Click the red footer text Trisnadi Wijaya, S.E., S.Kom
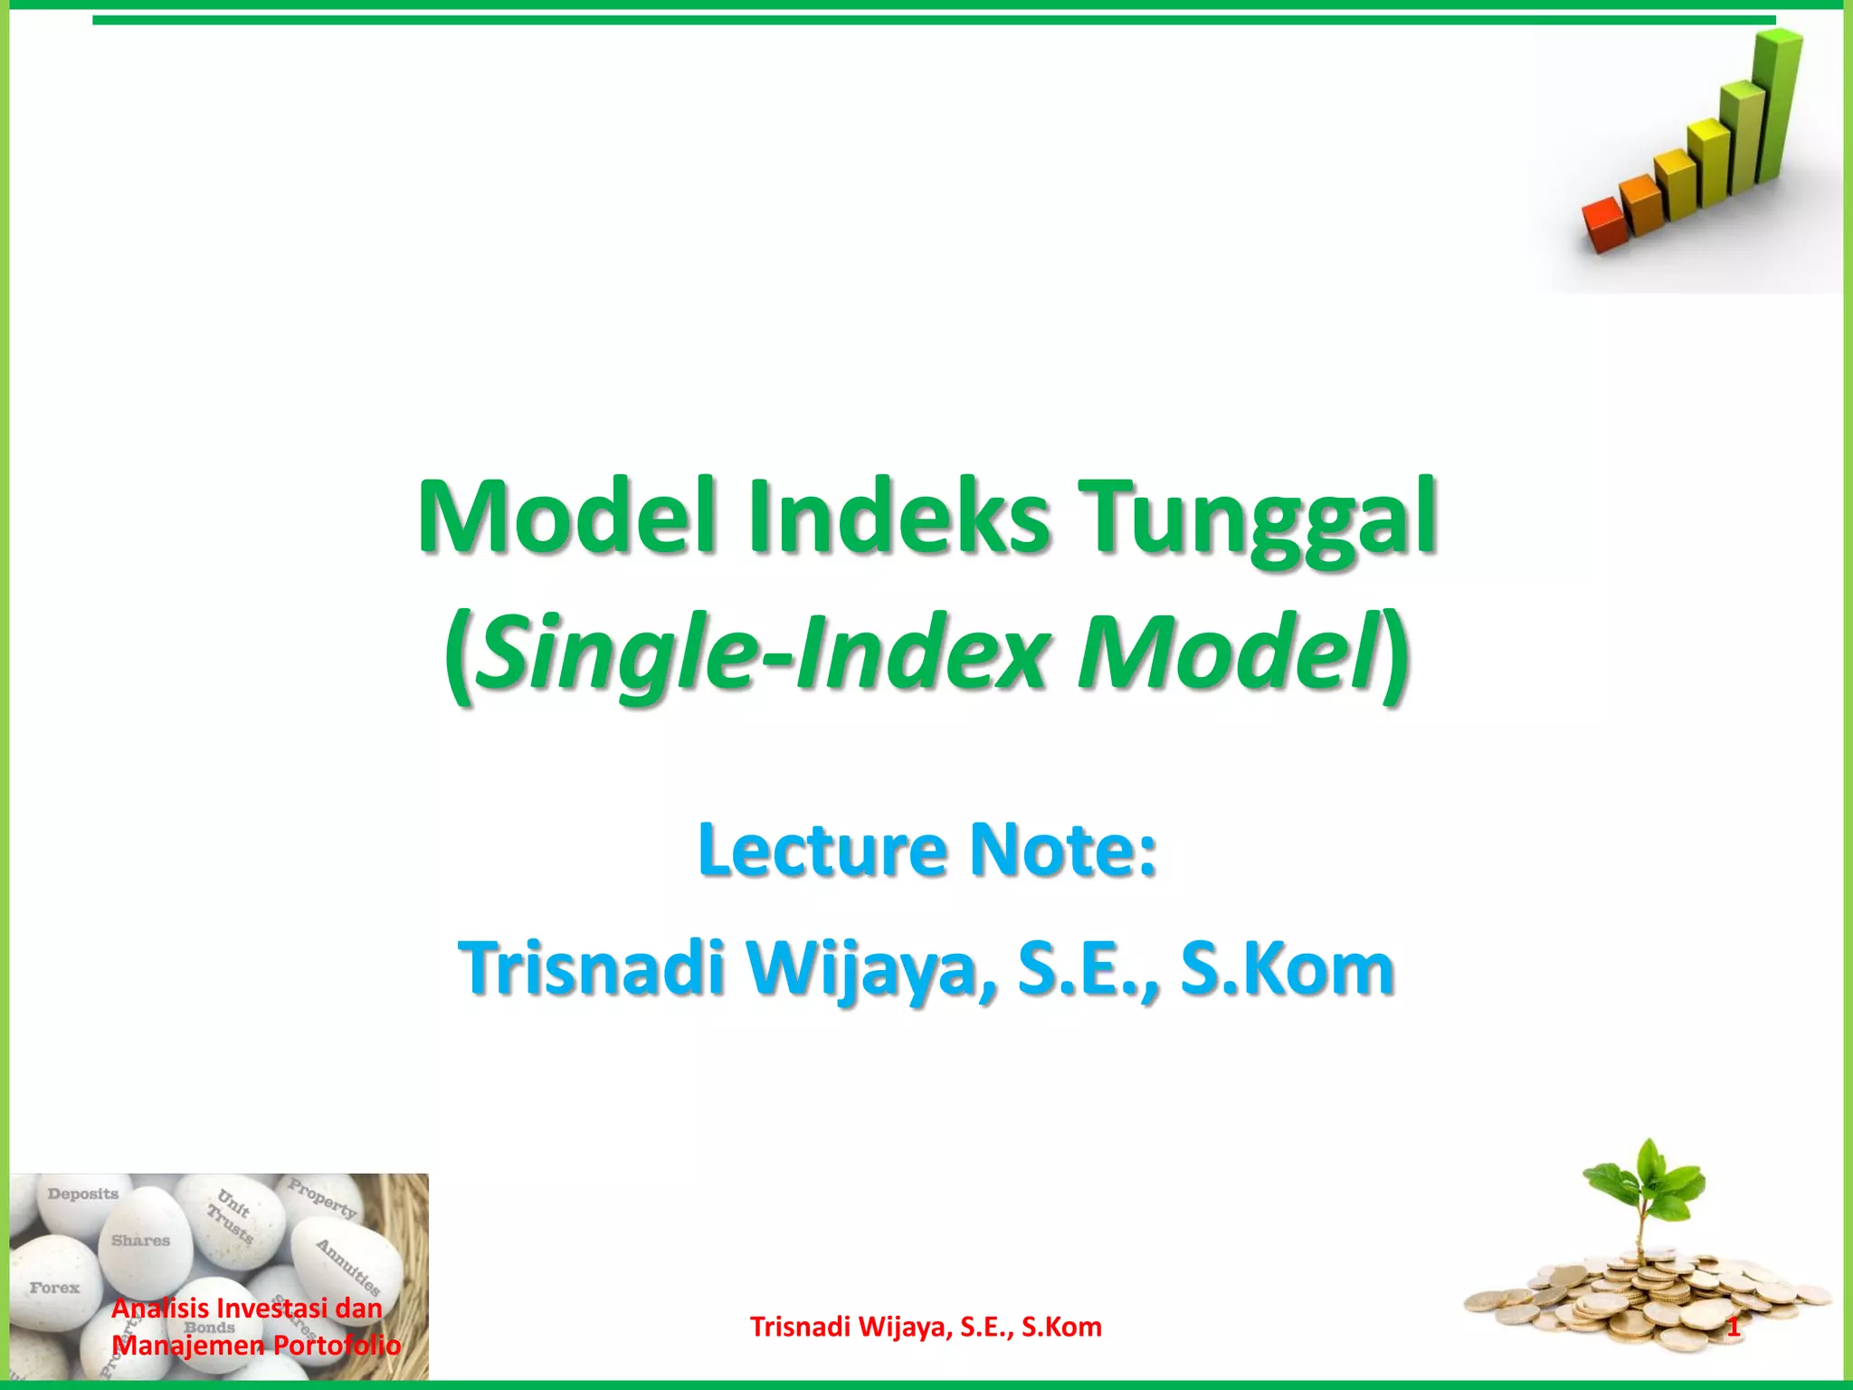pyautogui.click(x=926, y=1327)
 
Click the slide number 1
pyautogui.click(x=1733, y=1328)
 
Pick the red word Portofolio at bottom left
pyautogui.click(x=337, y=1345)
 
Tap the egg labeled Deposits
pyautogui.click(x=83, y=1204)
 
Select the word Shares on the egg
pyautogui.click(x=141, y=1241)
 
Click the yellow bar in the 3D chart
pyautogui.click(x=1708, y=163)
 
